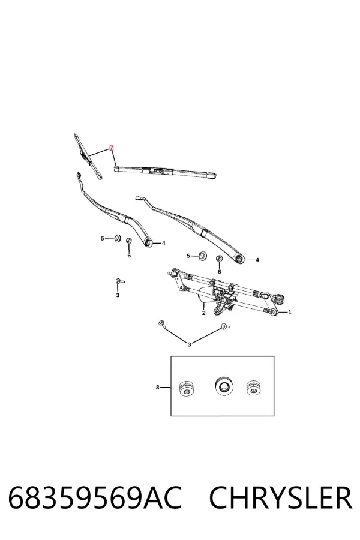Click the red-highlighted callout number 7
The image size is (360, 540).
coord(111,148)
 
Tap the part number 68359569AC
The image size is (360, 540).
coord(95,498)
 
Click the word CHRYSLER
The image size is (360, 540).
coord(280,498)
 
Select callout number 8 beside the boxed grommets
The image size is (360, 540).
coord(157,388)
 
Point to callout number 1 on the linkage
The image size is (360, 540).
coord(290,313)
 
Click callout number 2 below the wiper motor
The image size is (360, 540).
coord(203,313)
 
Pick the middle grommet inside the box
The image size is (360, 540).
coord(223,386)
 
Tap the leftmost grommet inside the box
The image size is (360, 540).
coord(187,388)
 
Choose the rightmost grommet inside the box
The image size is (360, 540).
coord(254,388)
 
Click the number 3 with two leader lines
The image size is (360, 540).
coord(189,344)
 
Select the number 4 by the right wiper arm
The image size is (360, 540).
coord(257,260)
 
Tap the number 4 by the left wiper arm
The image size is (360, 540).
coord(164,243)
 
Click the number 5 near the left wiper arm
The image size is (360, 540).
coord(102,238)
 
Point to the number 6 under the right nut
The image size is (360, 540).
coord(220,272)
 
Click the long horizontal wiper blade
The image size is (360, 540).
coord(166,171)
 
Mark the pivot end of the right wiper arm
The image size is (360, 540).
coord(240,259)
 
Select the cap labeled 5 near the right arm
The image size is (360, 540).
coord(203,256)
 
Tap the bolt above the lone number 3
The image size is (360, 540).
coord(119,281)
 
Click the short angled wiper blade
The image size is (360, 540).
coord(88,157)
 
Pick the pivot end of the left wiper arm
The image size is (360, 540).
coord(149,243)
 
